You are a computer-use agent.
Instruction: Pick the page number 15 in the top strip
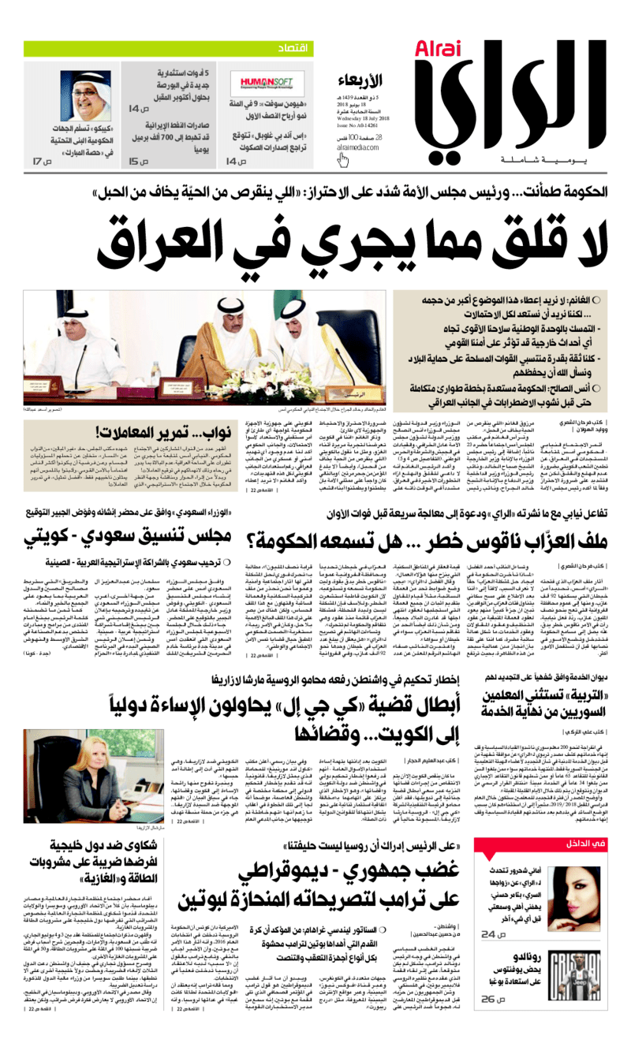click(x=138, y=162)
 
